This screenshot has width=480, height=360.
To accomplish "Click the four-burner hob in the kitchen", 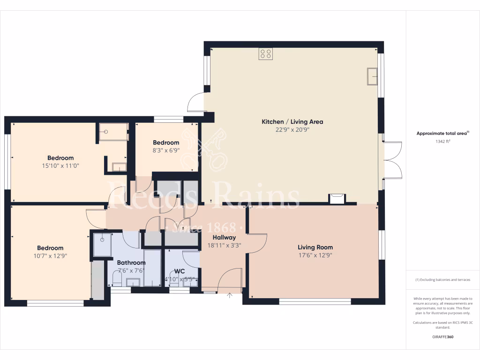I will (x=266, y=54).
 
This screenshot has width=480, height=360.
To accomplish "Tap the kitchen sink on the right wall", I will (x=373, y=76).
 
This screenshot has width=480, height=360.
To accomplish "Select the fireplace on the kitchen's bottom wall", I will (x=337, y=199).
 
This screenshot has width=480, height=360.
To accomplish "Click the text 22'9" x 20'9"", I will (x=292, y=130).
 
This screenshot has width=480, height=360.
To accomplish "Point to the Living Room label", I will (x=315, y=247).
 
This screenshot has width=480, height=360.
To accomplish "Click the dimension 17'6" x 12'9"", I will (x=315, y=255).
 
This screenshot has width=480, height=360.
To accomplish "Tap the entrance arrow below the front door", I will (x=230, y=295).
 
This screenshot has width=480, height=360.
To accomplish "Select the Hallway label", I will (x=224, y=238).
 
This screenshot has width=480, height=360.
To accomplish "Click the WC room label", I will (x=180, y=271).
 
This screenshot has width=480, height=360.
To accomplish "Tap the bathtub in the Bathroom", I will (x=152, y=268).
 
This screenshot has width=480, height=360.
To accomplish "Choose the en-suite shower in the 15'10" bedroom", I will (x=113, y=132).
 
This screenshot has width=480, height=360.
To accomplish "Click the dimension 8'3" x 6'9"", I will (x=166, y=151).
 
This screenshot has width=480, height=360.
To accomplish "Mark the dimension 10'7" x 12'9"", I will (x=50, y=256).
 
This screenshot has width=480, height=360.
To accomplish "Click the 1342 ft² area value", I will (x=443, y=141).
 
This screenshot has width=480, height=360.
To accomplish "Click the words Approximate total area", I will (x=442, y=134).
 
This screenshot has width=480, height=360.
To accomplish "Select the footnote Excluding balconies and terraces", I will (x=443, y=280).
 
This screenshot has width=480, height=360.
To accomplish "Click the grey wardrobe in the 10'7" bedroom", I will (x=97, y=280).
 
